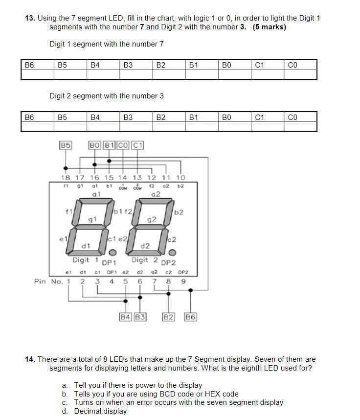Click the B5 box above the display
pos(66,145)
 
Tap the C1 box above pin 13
pos(137,145)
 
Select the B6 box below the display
pos(190,317)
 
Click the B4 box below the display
pos(126,317)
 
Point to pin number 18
pos(65,178)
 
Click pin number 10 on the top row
pos(180,178)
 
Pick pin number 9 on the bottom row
pos(183,281)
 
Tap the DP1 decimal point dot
pos(112,253)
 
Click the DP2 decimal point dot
pos(172,253)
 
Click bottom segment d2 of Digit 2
pos(145,253)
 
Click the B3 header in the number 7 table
pos(128,65)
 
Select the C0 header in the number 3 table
pos(292,117)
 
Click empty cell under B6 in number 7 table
pos(37,74)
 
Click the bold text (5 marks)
pos(270,27)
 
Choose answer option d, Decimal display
pos(100,411)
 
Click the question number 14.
pos(30,359)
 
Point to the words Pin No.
pos(49,281)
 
